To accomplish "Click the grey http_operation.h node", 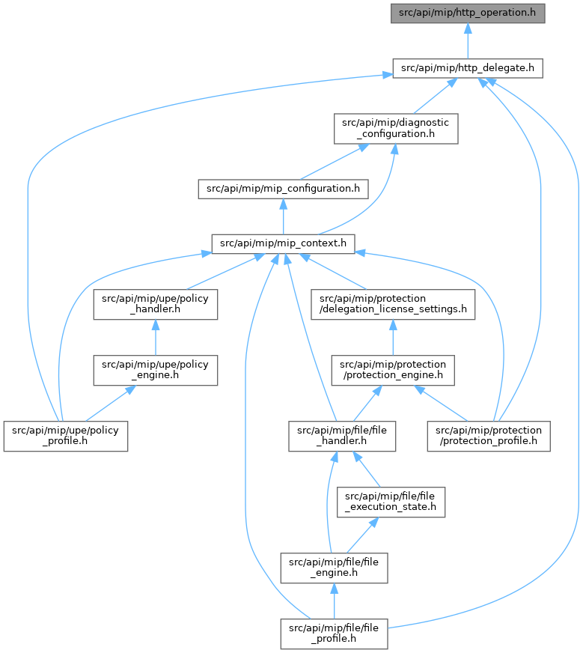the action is tap(467, 13).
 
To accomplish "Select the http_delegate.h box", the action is tap(467, 68).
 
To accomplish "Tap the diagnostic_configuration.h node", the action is tap(396, 128).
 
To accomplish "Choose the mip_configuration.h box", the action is tap(283, 189).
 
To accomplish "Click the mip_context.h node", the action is tap(283, 243).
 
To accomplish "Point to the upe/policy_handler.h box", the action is tap(155, 304).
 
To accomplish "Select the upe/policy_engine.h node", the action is tap(155, 370).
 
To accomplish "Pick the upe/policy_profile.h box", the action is tap(66, 436).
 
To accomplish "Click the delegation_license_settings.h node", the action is tap(393, 304).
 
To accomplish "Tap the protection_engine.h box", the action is tap(393, 370).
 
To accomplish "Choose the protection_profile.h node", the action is tap(489, 436).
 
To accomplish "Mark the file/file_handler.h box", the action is tap(342, 436).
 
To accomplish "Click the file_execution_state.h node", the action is tap(391, 502).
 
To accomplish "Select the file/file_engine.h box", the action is tap(334, 568).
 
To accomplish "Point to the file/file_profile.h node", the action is tap(334, 634).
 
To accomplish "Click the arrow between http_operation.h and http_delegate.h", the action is tap(468, 40).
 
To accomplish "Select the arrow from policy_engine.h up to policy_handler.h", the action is tap(155, 337).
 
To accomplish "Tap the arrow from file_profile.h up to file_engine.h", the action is tap(334, 601).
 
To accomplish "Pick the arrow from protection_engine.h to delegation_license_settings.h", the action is tap(393, 337).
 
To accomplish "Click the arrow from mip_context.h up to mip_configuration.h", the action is tap(284, 216).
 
